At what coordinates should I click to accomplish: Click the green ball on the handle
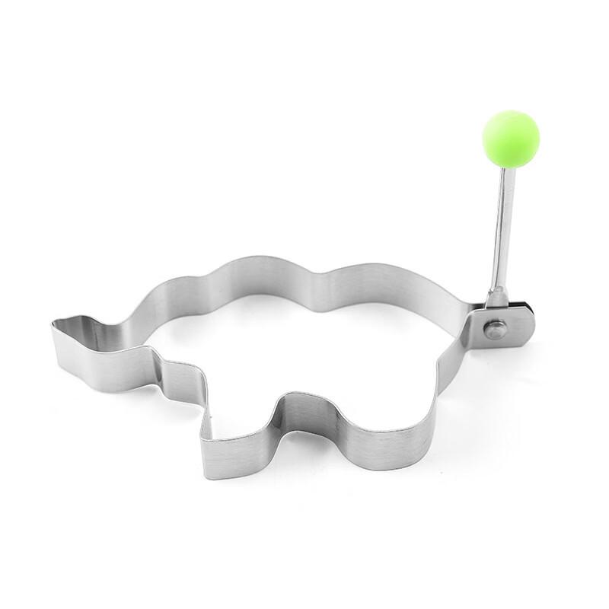pos(511,138)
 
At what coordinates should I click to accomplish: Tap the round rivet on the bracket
pos(496,329)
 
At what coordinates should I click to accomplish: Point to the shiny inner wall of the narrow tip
pos(84,327)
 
